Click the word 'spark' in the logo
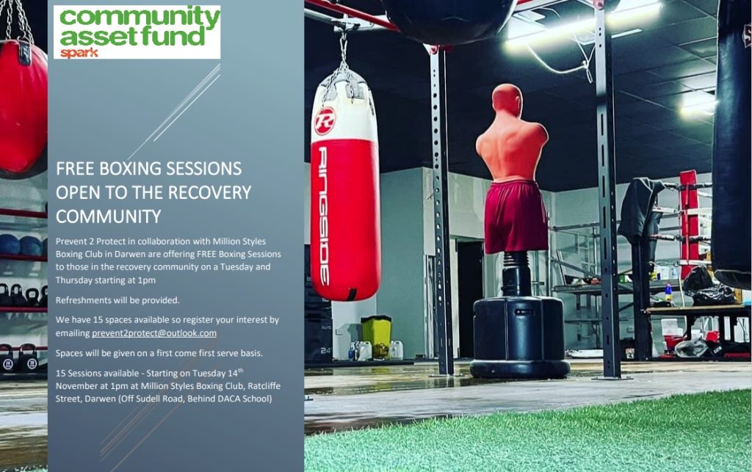click(79, 52)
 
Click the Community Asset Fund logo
click(137, 32)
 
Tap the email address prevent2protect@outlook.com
click(154, 333)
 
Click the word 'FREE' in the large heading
click(76, 169)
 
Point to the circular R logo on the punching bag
click(325, 121)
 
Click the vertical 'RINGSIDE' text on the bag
click(324, 216)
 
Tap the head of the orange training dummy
click(507, 100)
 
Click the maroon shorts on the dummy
click(516, 216)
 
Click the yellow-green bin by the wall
click(376, 336)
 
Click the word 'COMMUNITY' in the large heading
click(109, 217)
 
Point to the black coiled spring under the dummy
click(516, 274)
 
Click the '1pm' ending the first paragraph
click(146, 280)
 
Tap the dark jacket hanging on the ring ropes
click(640, 211)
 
